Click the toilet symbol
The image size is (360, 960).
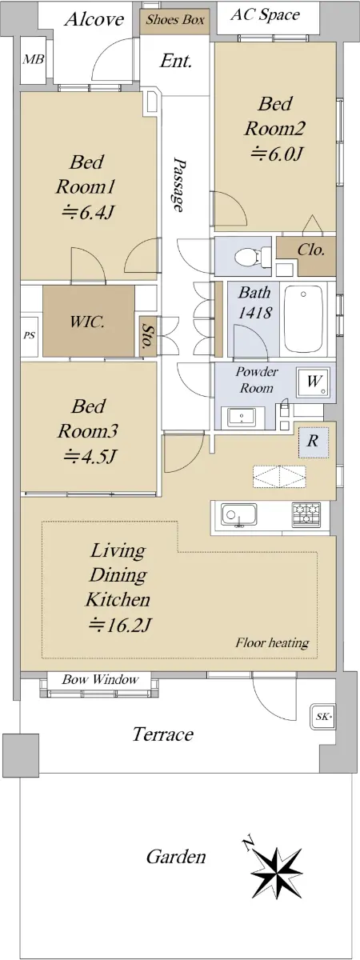250,256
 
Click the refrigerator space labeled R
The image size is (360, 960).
314,442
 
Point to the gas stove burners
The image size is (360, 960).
306,514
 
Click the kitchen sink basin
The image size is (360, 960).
239,514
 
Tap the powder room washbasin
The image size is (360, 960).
242,417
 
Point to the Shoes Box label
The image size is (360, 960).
175,20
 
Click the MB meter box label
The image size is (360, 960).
33,59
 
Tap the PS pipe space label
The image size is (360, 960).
29,335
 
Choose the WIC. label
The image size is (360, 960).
87,322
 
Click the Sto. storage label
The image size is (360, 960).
147,335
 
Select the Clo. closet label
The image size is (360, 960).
310,250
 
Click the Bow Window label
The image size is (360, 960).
100,679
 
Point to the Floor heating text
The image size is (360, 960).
272,642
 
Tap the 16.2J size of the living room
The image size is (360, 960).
118,626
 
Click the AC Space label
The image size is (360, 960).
266,15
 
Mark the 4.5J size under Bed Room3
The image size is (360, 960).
89,456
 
